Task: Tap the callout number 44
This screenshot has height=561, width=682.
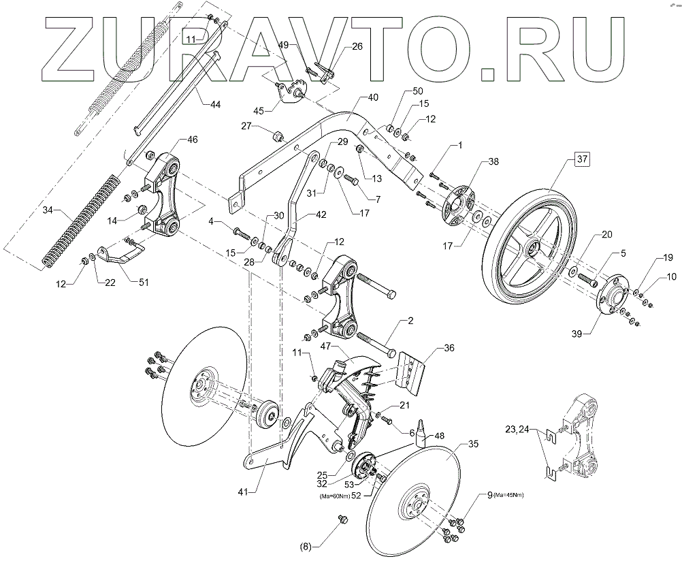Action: [x=215, y=105]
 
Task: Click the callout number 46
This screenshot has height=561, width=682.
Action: [x=192, y=140]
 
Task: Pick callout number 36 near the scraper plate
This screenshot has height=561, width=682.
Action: [x=449, y=347]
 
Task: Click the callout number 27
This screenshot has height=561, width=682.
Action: [x=246, y=126]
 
